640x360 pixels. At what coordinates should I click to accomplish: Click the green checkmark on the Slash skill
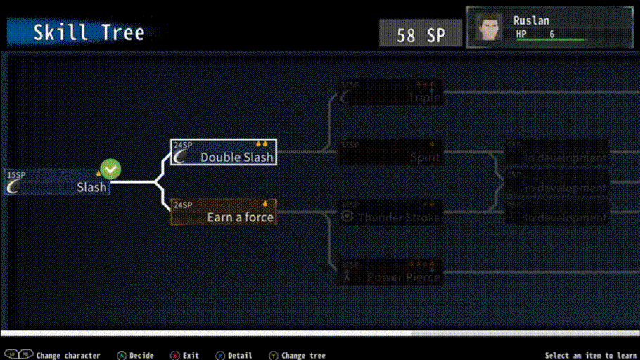pos(110,169)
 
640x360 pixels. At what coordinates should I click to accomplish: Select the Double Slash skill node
pos(224,153)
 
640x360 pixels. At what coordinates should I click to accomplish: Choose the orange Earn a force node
pos(224,212)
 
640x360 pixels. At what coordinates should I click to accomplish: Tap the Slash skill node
pos(58,182)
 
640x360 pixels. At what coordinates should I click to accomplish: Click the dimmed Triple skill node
pos(391,93)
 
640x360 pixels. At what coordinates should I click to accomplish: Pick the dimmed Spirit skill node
pos(391,153)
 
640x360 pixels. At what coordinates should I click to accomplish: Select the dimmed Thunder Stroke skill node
pos(391,212)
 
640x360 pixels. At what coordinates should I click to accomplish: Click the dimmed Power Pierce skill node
pos(391,272)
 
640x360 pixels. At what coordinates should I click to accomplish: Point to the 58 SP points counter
pos(421,34)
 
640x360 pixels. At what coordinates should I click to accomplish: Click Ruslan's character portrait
pos(489,27)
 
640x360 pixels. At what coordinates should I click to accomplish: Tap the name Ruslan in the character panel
pos(531,20)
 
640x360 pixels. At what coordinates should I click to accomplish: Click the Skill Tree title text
pos(89,32)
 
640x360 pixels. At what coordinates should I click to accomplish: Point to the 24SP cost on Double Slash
pos(183,145)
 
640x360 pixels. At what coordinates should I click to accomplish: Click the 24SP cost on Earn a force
pos(183,205)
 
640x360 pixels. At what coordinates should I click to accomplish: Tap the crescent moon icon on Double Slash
pos(181,157)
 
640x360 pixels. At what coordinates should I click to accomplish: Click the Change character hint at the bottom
pos(68,355)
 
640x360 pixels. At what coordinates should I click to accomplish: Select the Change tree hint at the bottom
pos(302,355)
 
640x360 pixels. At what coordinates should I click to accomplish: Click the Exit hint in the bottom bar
pos(191,355)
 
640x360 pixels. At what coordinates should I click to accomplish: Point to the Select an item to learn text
pos(590,355)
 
